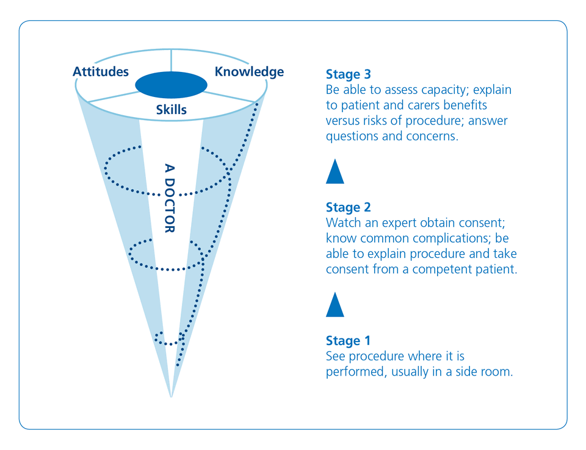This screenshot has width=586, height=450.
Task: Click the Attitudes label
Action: pos(101,71)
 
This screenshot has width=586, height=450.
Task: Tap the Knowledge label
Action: pos(249,72)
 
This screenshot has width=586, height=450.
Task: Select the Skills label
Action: pos(171,109)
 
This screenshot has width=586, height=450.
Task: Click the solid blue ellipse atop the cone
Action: pos(171,85)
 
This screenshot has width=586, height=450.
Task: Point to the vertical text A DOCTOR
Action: pos(170,198)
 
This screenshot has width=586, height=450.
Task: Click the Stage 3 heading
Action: pos(349,74)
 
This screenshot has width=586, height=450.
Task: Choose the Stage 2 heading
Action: pos(349,207)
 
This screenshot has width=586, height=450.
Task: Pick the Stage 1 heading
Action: pos(348,341)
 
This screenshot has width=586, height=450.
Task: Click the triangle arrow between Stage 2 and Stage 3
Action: pos(335,171)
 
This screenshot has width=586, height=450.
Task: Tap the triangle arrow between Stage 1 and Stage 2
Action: pos(335,305)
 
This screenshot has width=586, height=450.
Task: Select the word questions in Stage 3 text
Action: pos(352,137)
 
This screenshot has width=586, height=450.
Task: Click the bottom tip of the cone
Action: pos(171,396)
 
